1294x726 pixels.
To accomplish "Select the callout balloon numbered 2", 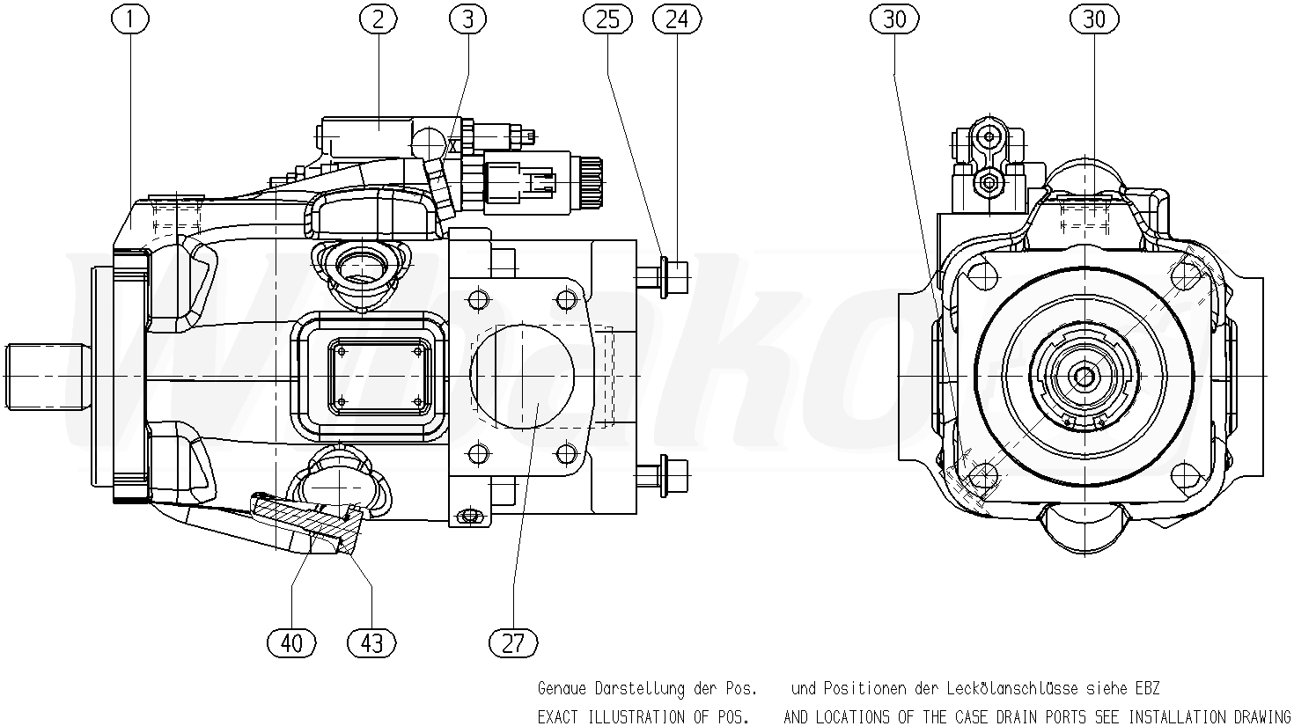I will coord(379,19).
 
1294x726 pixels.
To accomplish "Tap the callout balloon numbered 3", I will coord(467,19).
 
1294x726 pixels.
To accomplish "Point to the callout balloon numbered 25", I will coord(608,19).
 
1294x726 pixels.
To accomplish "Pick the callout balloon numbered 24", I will coord(677,19).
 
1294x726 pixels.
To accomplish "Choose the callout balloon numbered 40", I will coord(291,643).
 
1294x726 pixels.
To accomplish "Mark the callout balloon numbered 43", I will coord(371,643).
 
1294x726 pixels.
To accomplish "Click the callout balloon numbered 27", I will coord(512,643).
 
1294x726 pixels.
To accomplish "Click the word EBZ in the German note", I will coord(1145,688).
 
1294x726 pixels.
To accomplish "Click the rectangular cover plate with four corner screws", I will coord(378,377).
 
